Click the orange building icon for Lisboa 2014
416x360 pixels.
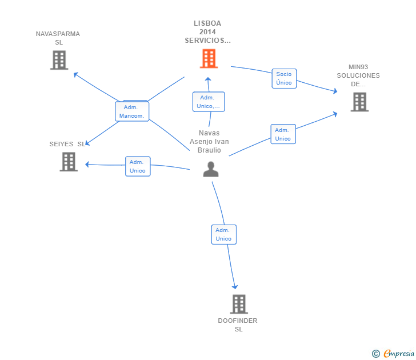(x=209, y=59)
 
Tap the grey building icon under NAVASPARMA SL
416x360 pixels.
(x=59, y=60)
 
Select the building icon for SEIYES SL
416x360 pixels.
(x=69, y=162)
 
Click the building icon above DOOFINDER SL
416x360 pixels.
(x=239, y=304)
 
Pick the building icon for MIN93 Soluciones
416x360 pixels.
(x=359, y=102)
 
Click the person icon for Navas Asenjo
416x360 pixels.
(x=211, y=169)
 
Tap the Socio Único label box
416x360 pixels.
(x=284, y=78)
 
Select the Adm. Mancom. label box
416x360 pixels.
(x=132, y=111)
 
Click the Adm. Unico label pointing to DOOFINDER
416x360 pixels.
(x=223, y=234)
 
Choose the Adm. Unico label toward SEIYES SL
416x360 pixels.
(x=138, y=166)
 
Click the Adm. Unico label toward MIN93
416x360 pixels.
(x=283, y=134)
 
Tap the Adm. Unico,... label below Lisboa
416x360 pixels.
(x=209, y=102)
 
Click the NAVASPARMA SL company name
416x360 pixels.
(x=58, y=38)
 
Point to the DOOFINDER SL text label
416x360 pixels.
(x=238, y=325)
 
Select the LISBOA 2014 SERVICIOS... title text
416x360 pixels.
(x=208, y=32)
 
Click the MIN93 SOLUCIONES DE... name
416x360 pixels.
(x=358, y=75)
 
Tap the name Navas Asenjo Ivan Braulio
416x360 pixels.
(x=209, y=141)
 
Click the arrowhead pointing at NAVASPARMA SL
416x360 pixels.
(x=75, y=74)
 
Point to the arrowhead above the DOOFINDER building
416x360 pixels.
(x=235, y=287)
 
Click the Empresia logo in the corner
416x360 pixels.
(x=393, y=353)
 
